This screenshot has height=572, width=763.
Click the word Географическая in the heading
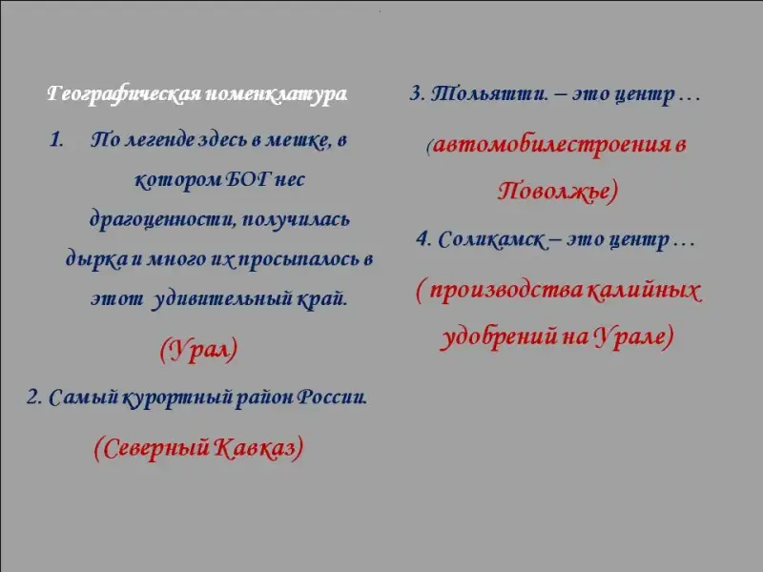coord(124,93)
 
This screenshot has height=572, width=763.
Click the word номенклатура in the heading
coord(277,92)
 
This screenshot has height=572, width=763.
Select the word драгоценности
coord(162,220)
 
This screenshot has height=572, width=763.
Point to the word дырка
coord(97,259)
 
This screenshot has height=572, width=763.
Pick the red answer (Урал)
coord(198,350)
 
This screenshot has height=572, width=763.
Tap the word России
coord(332,397)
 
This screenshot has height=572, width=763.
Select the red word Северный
coord(152,448)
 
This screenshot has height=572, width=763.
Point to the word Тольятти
coord(490,92)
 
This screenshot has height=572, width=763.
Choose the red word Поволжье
coord(555,190)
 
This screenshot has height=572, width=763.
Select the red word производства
coord(506,291)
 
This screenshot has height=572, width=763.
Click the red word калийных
coord(644,291)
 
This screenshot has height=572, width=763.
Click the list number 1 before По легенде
coord(56,140)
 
